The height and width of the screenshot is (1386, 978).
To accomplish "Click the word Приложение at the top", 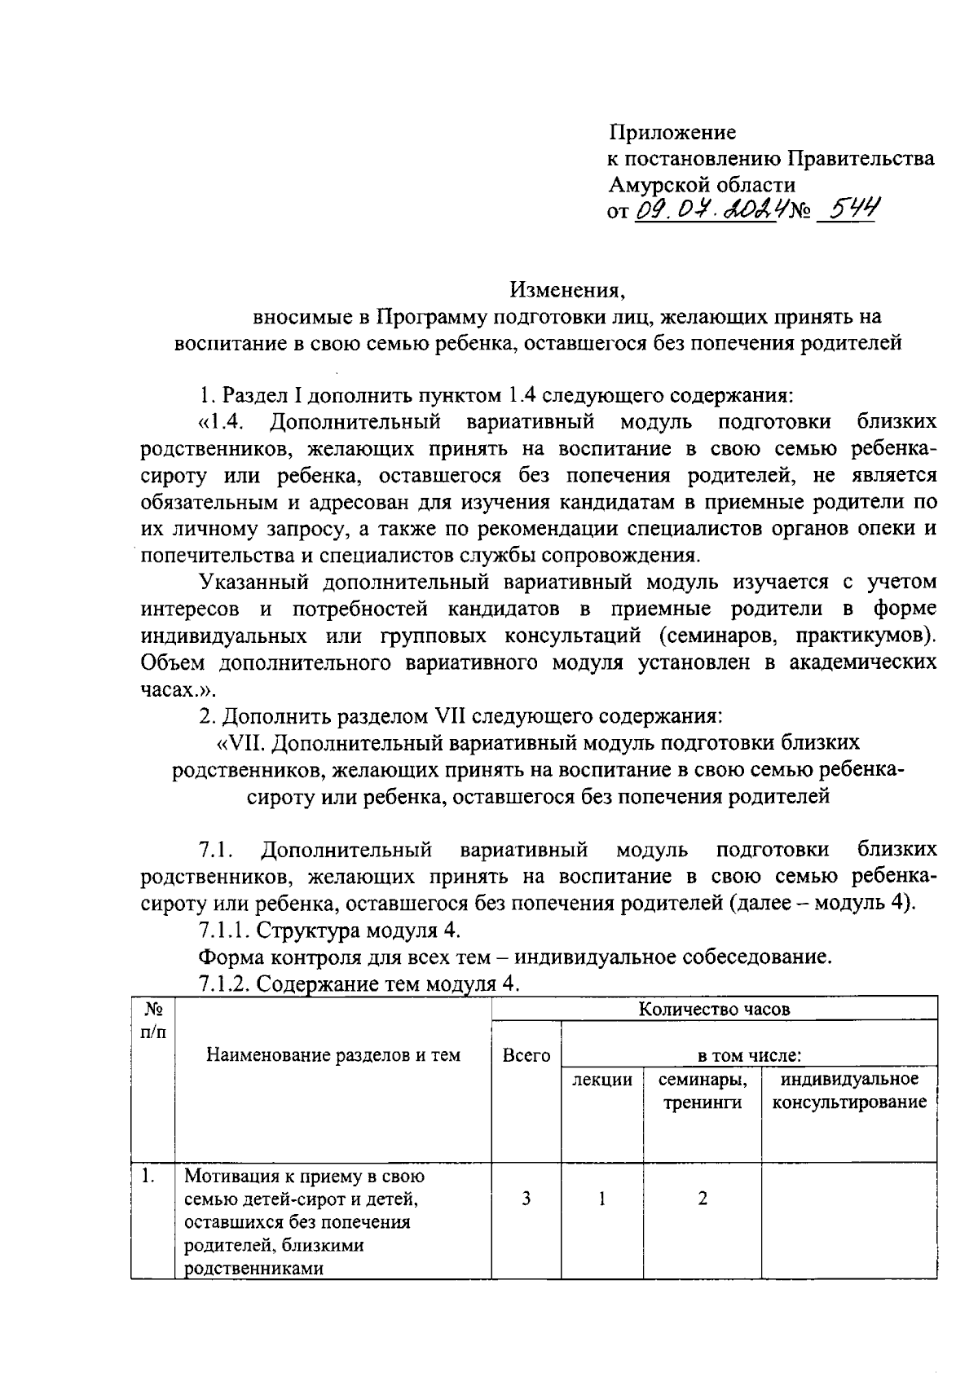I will coord(672,132).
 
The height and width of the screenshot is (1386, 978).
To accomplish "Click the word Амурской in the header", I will coord(660,184).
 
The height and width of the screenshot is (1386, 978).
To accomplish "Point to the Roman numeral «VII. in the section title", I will coord(239,742).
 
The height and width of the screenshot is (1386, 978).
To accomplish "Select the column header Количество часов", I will coord(714,1009).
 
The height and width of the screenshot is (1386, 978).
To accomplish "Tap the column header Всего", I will coord(526,1055).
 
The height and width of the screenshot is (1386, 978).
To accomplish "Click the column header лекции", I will coord(601,1080).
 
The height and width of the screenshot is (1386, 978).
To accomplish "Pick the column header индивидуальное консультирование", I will coord(849,1091).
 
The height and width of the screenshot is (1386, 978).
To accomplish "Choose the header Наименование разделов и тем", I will coord(333,1055).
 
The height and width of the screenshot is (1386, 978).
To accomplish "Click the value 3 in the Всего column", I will coord(526,1199).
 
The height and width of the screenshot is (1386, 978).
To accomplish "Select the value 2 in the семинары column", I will coord(702,1199).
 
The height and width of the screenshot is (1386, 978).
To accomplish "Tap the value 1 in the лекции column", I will coord(601,1199).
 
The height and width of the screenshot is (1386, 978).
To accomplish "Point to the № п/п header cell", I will coord(152,1020).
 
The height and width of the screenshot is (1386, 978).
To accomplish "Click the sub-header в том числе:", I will coord(749,1056).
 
